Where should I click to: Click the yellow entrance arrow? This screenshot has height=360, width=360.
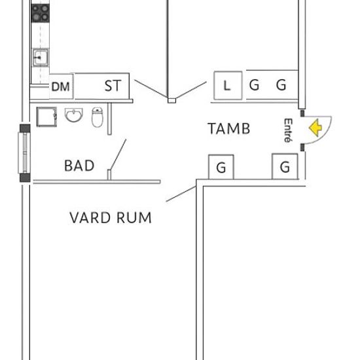[315, 128]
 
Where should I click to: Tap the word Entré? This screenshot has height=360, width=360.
[288, 130]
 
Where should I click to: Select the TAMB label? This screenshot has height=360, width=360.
[229, 128]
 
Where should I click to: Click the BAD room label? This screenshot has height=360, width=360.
[79, 166]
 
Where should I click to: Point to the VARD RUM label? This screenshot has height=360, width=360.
[111, 218]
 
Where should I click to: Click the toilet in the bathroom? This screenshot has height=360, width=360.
[98, 117]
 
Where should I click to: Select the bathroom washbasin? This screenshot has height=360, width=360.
[74, 115]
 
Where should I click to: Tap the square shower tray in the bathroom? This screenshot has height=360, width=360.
[46, 117]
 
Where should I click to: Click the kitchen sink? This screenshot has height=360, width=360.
[41, 58]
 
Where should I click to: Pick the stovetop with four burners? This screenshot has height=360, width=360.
[40, 13]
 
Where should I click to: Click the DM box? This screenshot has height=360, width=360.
[62, 86]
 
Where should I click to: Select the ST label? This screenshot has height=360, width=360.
[113, 86]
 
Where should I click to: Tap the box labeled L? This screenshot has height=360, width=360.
[228, 85]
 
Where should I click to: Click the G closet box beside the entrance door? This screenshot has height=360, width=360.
[285, 166]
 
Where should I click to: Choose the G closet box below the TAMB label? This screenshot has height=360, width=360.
[221, 167]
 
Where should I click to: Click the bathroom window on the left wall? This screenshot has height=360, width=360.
[25, 153]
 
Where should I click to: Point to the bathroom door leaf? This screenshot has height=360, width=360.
[118, 154]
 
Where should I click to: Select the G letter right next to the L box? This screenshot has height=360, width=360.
[254, 84]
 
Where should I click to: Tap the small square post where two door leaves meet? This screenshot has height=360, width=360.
[171, 101]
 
